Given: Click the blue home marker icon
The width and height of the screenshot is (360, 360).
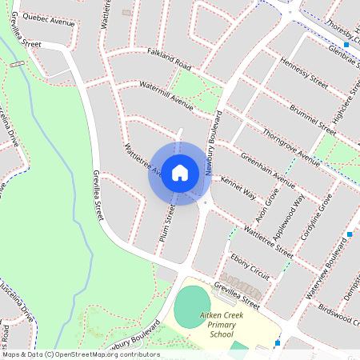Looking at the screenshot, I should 180,173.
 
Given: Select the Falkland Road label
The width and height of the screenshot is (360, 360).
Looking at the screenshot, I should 170,58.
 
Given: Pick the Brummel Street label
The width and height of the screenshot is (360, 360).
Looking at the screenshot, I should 311,114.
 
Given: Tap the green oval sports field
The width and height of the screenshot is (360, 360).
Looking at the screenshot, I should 190,306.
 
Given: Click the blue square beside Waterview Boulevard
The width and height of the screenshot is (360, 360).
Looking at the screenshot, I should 350,234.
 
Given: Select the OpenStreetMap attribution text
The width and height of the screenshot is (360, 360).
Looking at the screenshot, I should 80,354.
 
